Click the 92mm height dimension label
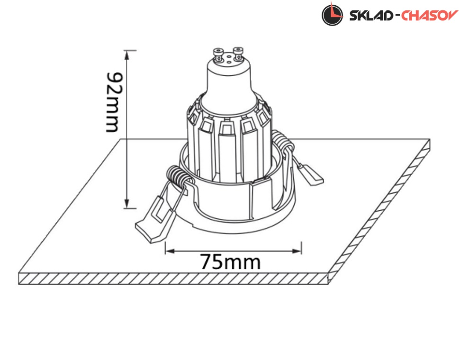(x=112, y=102)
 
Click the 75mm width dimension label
(x=230, y=262)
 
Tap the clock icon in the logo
(x=332, y=14)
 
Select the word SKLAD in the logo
(x=371, y=16)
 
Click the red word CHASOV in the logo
(x=430, y=15)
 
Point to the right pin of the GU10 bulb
(x=238, y=54)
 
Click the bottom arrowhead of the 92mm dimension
(x=127, y=204)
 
